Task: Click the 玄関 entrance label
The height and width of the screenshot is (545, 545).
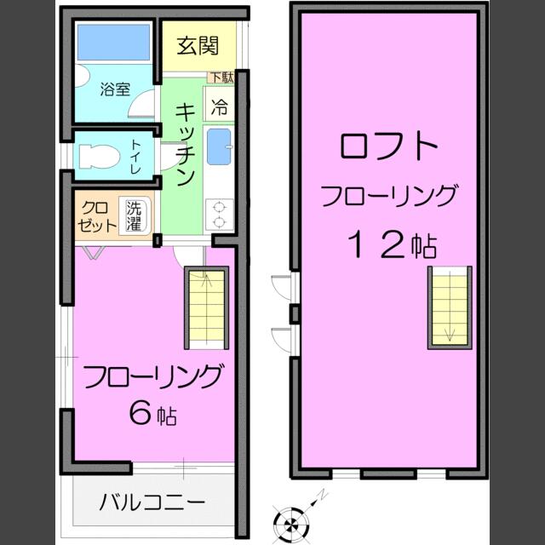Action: (197, 46)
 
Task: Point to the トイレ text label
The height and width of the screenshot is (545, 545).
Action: (136, 157)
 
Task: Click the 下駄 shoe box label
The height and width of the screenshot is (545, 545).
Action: (221, 77)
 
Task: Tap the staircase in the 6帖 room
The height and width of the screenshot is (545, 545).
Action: (206, 309)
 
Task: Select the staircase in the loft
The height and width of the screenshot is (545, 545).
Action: (448, 307)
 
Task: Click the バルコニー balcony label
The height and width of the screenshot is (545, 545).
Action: (152, 502)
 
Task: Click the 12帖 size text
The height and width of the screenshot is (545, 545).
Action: (392, 245)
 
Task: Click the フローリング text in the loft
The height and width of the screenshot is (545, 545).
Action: (388, 196)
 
